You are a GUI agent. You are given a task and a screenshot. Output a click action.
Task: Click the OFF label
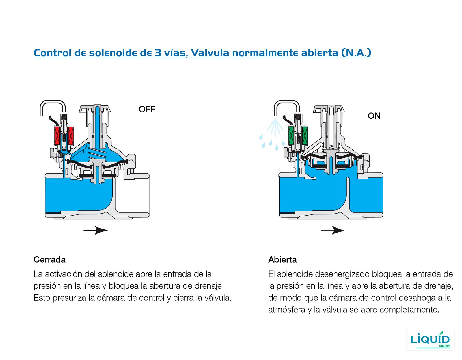coord(147,110)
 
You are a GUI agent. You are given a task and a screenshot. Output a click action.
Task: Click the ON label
coord(374,116)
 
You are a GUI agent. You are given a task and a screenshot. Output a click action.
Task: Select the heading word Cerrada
coord(49,259)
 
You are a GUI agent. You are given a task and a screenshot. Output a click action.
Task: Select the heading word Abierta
coord(282,259)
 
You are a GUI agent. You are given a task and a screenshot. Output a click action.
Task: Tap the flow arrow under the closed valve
coord(96,230)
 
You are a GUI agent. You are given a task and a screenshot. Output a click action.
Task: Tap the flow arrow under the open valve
coord(333,230)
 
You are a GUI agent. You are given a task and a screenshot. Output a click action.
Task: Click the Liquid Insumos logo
coord(430,340)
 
